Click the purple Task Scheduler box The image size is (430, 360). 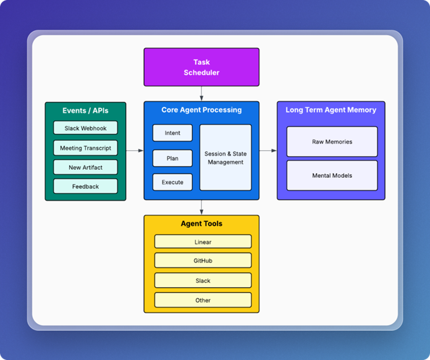tap(201, 67)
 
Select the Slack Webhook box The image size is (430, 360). tap(85, 128)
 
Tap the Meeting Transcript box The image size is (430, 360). tap(85, 148)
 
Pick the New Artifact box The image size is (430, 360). tap(85, 167)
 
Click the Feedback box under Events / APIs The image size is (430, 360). tap(85, 186)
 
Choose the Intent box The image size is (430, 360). tap(172, 133)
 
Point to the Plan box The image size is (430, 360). tap(172, 158)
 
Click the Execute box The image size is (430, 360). tap(172, 182)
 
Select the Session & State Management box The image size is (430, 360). tap(225, 157)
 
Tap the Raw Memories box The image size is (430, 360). tap(332, 142)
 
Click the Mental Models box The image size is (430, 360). tap(332, 175)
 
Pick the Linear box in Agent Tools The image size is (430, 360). tap(203, 241)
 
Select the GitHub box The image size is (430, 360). tap(203, 261)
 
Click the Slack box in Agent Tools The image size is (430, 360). tap(203, 280)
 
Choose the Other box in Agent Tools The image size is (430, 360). tap(203, 300)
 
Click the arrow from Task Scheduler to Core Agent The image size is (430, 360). tap(201, 94)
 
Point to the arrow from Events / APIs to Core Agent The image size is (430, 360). tap(135, 151)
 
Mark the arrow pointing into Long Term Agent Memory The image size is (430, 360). tap(268, 151)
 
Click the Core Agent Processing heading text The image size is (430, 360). tap(201, 110)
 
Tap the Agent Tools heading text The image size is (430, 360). tap(201, 224)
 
